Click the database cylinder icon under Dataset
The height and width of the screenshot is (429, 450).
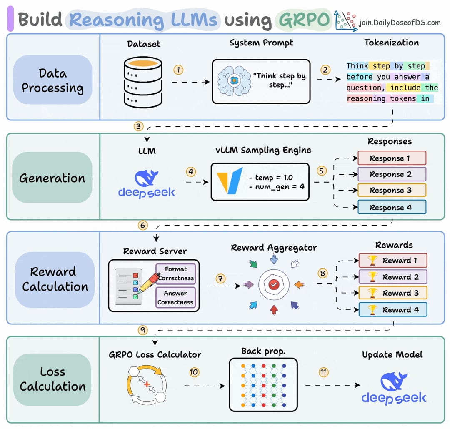pyautogui.click(x=143, y=82)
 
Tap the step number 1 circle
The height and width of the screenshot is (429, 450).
pyautogui.click(x=179, y=70)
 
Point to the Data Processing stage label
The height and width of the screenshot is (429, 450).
pyautogui.click(x=52, y=80)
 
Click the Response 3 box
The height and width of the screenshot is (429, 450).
pyautogui.click(x=392, y=190)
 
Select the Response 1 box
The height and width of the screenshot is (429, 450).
pyautogui.click(x=392, y=158)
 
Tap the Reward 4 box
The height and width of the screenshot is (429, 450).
pyautogui.click(x=392, y=310)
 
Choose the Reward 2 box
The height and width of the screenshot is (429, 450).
pyautogui.click(x=392, y=277)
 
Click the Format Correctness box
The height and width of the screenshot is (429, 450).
pyautogui.click(x=175, y=273)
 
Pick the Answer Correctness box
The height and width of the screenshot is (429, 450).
pyautogui.click(x=175, y=298)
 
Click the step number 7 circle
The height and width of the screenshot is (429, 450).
pyautogui.click(x=221, y=278)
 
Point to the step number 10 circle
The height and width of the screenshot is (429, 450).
pyautogui.click(x=194, y=372)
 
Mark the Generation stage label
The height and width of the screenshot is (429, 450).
pyautogui.click(x=52, y=178)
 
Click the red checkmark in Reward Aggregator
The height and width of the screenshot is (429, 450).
pyautogui.click(x=273, y=285)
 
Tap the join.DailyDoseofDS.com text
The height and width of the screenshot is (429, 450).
pyautogui.click(x=400, y=23)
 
